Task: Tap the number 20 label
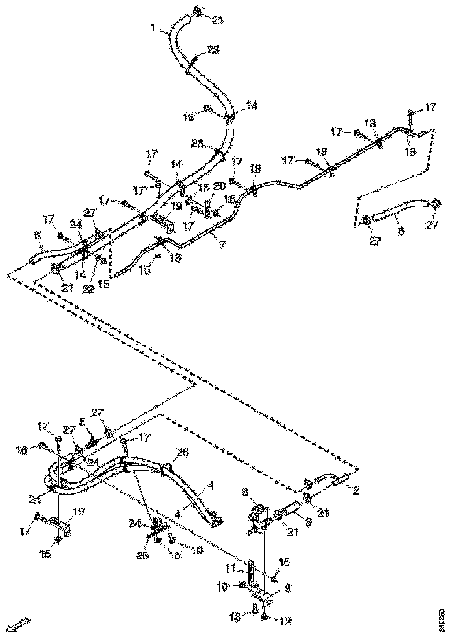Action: pyautogui.click(x=218, y=185)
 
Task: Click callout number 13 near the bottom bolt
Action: pyautogui.click(x=235, y=617)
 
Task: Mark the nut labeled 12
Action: pyautogui.click(x=264, y=618)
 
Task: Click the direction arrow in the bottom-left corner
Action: pyautogui.click(x=19, y=624)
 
